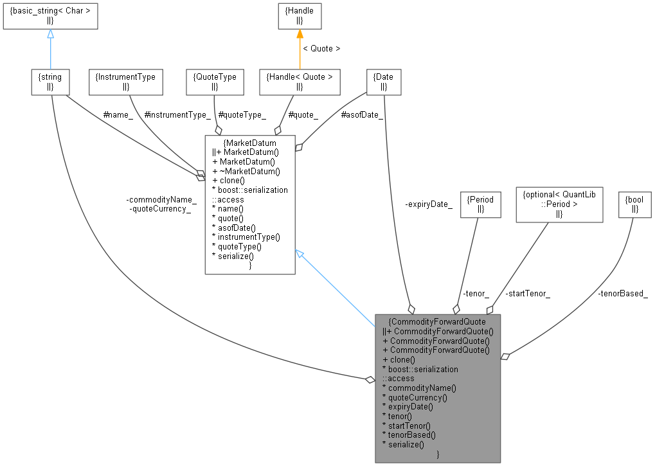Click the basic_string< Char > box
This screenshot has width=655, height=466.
coord(50,16)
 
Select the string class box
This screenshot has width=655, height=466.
coord(50,82)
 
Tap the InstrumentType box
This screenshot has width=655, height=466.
coord(125,82)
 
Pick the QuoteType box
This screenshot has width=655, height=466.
coord(215,82)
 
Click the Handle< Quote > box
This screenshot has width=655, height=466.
coord(300,82)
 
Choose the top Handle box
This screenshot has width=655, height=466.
coord(300,16)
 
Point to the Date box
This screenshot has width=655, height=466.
coord(384,82)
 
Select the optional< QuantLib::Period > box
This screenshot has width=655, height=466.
coord(560,204)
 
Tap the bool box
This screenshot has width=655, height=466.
coord(634,204)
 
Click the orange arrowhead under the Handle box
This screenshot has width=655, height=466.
coord(300,34)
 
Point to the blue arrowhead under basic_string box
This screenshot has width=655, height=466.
coord(50,34)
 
